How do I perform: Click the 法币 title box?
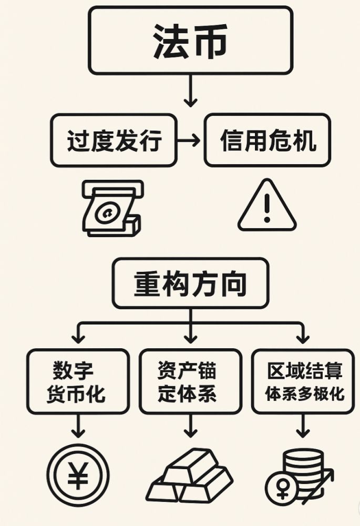pos(190,40)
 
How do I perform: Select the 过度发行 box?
pos(114,140)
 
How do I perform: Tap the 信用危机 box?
pos(268,140)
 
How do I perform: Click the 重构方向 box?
pos(190,283)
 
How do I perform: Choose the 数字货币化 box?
pos(78,381)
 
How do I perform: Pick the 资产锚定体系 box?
pos(190,381)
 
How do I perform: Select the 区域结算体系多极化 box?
pos(303,381)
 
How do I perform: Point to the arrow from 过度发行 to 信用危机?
pos(189,140)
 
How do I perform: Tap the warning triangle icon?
pos(267,208)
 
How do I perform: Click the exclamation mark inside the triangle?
pos(267,208)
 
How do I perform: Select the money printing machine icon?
pos(112,208)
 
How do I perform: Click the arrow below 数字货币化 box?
pos(78,426)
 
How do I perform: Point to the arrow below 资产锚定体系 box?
pos(190,426)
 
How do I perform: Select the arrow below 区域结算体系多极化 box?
pos(303,426)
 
